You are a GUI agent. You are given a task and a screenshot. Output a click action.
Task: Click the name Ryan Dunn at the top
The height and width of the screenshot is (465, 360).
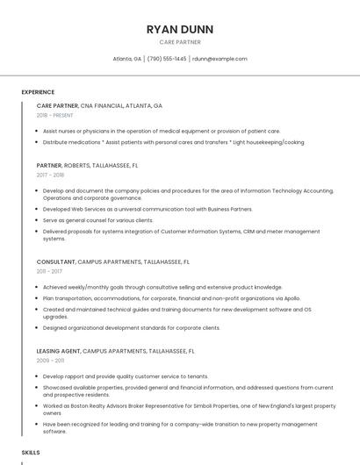[180, 29]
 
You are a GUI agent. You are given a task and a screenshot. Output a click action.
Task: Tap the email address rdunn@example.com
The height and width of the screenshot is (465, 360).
[220, 59]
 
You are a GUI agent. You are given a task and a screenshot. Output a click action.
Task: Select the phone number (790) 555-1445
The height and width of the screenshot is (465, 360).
[167, 59]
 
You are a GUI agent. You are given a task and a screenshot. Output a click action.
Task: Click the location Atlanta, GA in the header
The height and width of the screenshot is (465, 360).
[127, 59]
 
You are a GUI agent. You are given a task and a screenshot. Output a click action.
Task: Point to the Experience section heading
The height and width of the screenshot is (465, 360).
[38, 92]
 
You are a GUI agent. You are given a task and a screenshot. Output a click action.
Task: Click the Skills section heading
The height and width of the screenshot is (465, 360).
[31, 453]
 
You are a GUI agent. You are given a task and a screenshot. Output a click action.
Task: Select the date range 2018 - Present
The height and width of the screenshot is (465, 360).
[54, 115]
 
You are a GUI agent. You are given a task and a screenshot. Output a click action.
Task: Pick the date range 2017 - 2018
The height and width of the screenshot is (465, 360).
[50, 175]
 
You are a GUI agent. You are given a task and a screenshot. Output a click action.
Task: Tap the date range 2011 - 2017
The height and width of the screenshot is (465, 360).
[49, 271]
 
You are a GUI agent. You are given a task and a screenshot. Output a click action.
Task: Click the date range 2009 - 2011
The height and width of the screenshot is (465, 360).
[50, 361]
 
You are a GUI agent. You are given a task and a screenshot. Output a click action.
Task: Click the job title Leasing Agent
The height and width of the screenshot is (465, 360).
[56, 351]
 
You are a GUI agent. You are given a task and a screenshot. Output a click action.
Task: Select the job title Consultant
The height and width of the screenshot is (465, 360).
[55, 261]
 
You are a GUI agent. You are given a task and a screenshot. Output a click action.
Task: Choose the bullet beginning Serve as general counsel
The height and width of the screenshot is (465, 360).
[97, 219]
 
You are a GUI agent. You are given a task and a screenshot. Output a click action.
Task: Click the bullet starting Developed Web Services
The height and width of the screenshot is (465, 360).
[147, 209]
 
